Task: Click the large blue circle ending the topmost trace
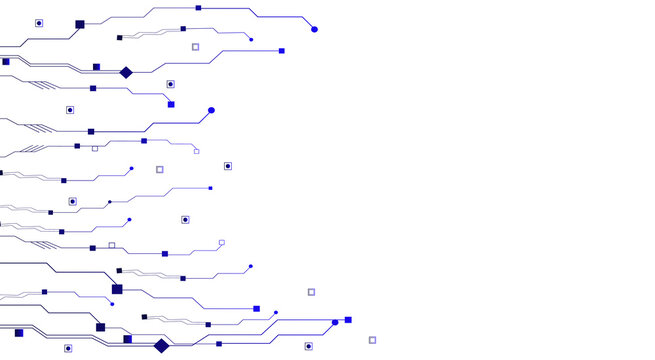(x=314, y=29)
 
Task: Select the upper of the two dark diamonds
(x=126, y=72)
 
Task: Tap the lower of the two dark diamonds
(x=161, y=346)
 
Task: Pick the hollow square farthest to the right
(x=372, y=340)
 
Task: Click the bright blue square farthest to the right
(x=348, y=320)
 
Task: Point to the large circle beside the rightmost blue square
(x=335, y=323)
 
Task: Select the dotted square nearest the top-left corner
(x=39, y=22)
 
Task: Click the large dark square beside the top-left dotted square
(x=80, y=24)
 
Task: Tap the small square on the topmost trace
(x=198, y=8)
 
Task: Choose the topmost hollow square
(x=195, y=47)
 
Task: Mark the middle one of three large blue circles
(x=211, y=110)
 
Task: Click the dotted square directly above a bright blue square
(x=170, y=85)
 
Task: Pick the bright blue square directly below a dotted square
(x=171, y=104)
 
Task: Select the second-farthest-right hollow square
(x=311, y=292)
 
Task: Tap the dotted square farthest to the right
(x=308, y=346)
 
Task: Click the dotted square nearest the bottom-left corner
(x=68, y=348)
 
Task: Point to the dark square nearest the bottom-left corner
(x=19, y=333)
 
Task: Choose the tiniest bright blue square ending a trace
(x=210, y=188)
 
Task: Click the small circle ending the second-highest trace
(x=251, y=40)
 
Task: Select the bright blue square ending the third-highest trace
(x=281, y=51)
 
